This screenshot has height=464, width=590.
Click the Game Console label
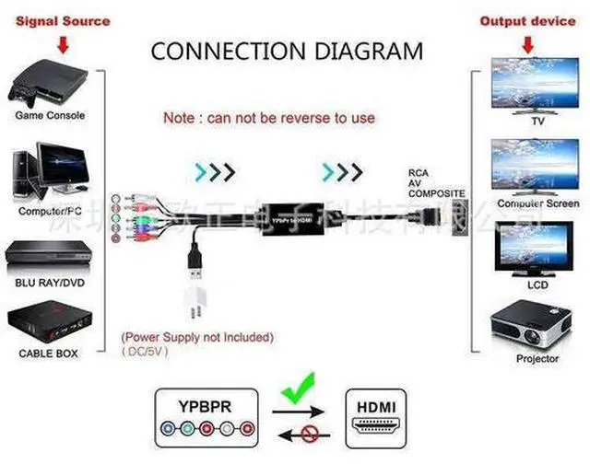[50, 115]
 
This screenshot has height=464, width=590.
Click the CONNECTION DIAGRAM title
[287, 50]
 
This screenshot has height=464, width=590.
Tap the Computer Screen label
[537, 203]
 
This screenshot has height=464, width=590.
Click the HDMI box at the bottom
[377, 417]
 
